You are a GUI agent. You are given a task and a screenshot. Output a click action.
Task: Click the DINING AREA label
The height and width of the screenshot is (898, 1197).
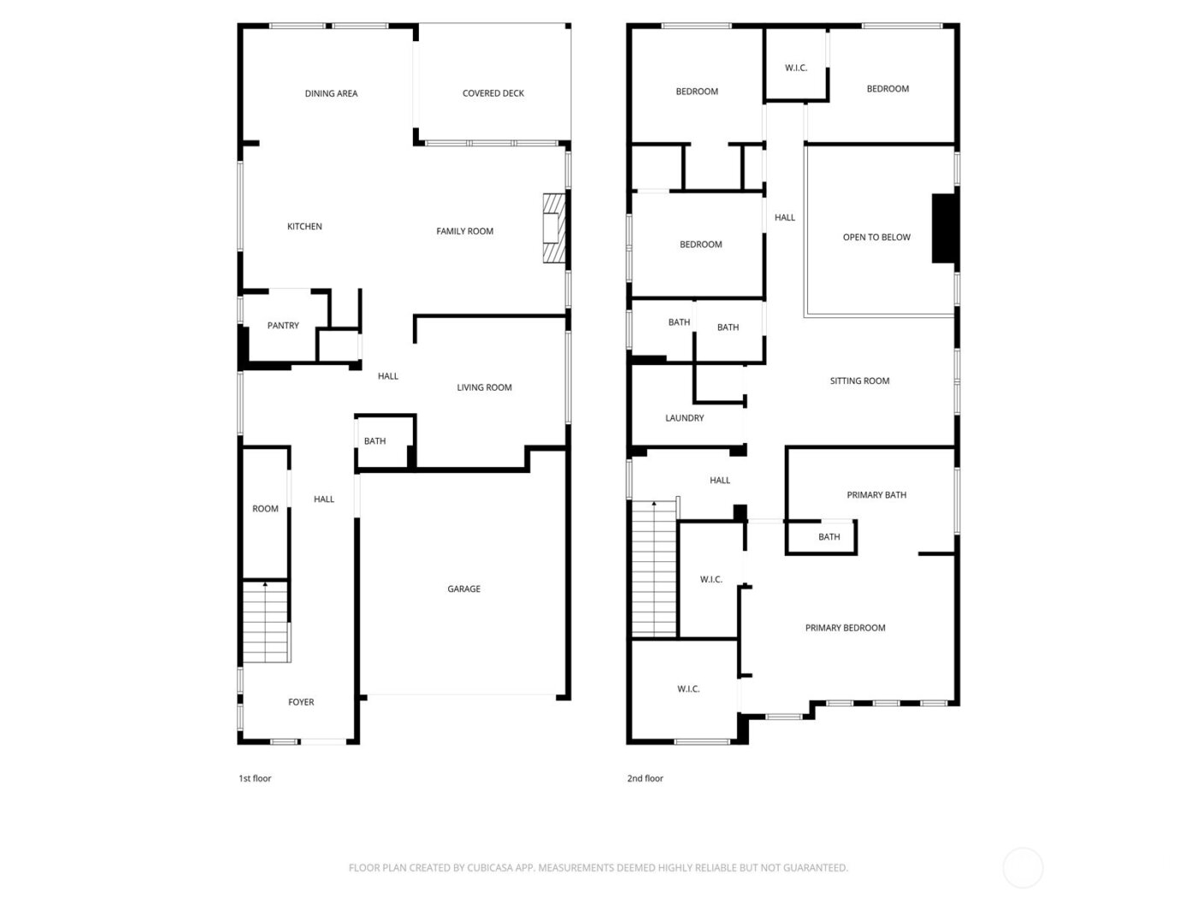331,93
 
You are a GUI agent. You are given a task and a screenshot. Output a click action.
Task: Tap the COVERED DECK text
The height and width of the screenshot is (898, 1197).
493,93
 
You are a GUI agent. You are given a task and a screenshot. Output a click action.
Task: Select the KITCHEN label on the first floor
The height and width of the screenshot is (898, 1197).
304,227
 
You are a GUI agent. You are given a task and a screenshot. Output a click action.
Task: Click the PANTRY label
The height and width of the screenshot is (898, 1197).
283,326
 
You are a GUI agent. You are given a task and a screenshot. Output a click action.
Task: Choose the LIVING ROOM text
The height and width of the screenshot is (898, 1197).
484,387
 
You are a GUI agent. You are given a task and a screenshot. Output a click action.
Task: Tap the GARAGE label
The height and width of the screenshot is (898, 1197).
463,589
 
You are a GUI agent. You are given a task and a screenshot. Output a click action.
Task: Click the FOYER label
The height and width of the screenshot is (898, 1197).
301,702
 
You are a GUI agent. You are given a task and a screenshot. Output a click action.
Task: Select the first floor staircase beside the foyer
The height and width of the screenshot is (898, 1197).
265,622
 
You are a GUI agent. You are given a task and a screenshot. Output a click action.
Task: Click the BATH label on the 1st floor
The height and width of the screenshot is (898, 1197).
374,441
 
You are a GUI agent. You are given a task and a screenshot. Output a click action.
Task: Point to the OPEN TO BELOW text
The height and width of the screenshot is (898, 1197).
876,238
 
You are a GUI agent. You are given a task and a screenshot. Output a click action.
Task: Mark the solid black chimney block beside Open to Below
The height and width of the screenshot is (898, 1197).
943,229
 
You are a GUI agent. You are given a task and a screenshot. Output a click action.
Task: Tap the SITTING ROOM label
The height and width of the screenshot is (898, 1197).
859,381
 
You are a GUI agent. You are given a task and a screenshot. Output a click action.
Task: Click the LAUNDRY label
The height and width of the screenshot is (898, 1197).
685,418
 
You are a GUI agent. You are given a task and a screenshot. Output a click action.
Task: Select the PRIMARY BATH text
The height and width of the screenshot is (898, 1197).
876,495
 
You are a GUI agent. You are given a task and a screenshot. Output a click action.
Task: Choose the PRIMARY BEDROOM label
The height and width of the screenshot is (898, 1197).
845,628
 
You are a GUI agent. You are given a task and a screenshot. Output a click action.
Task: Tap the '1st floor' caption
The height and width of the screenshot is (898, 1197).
255,778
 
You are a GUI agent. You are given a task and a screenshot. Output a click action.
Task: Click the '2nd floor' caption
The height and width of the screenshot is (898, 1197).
645,778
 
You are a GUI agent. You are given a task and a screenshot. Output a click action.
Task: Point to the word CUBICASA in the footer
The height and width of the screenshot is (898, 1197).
489,868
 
